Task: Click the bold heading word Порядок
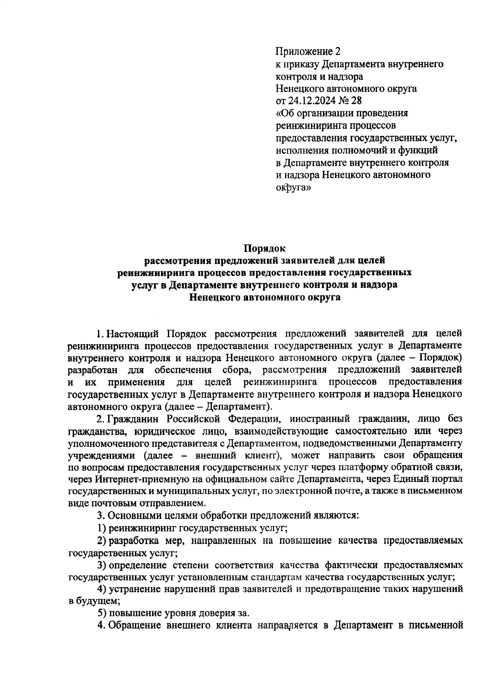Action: pos(265,248)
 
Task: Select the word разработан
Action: pos(94,370)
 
